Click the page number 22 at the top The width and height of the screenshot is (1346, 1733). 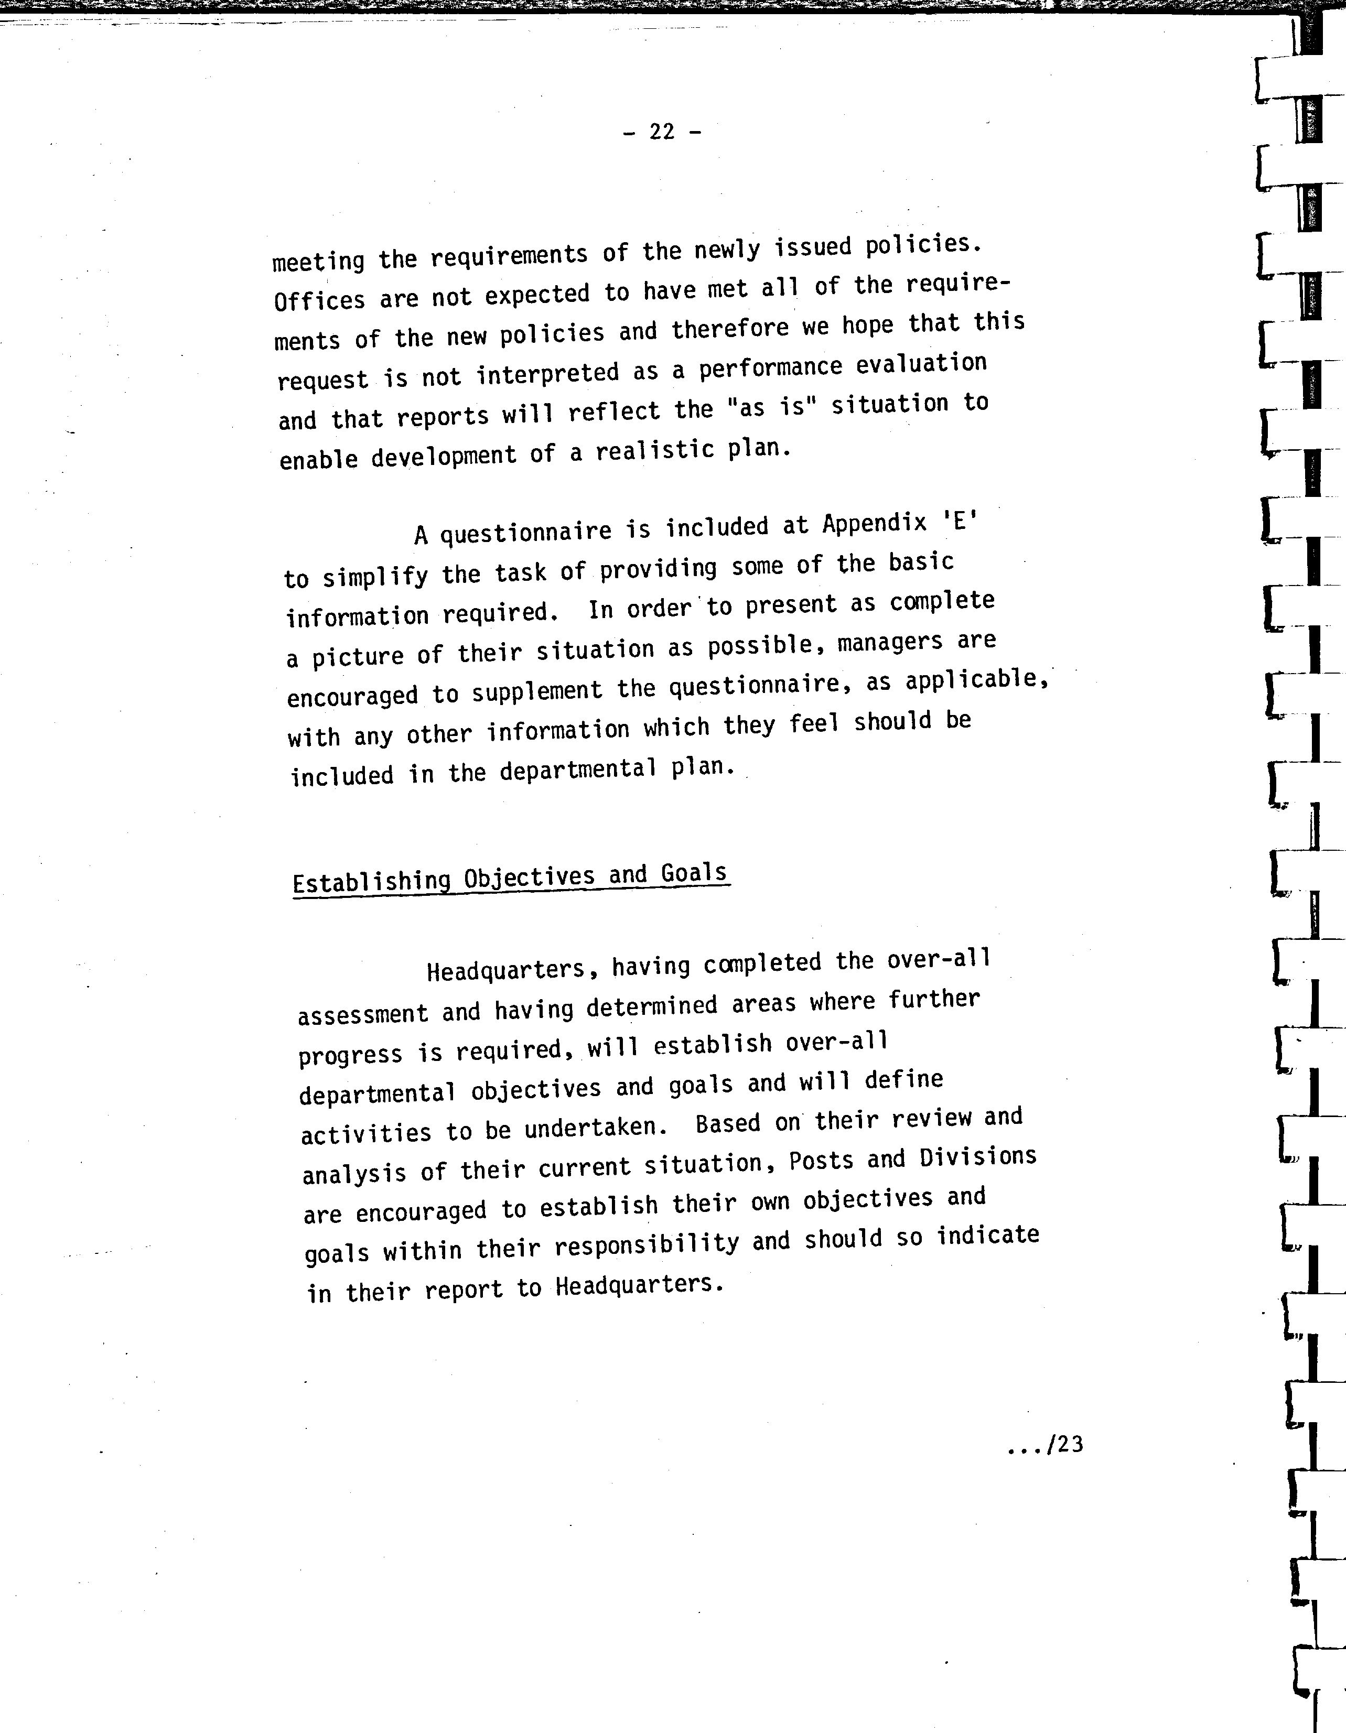click(x=662, y=132)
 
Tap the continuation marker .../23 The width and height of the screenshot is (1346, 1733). click(x=1045, y=1445)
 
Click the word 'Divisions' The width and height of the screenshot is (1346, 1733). click(x=978, y=1158)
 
